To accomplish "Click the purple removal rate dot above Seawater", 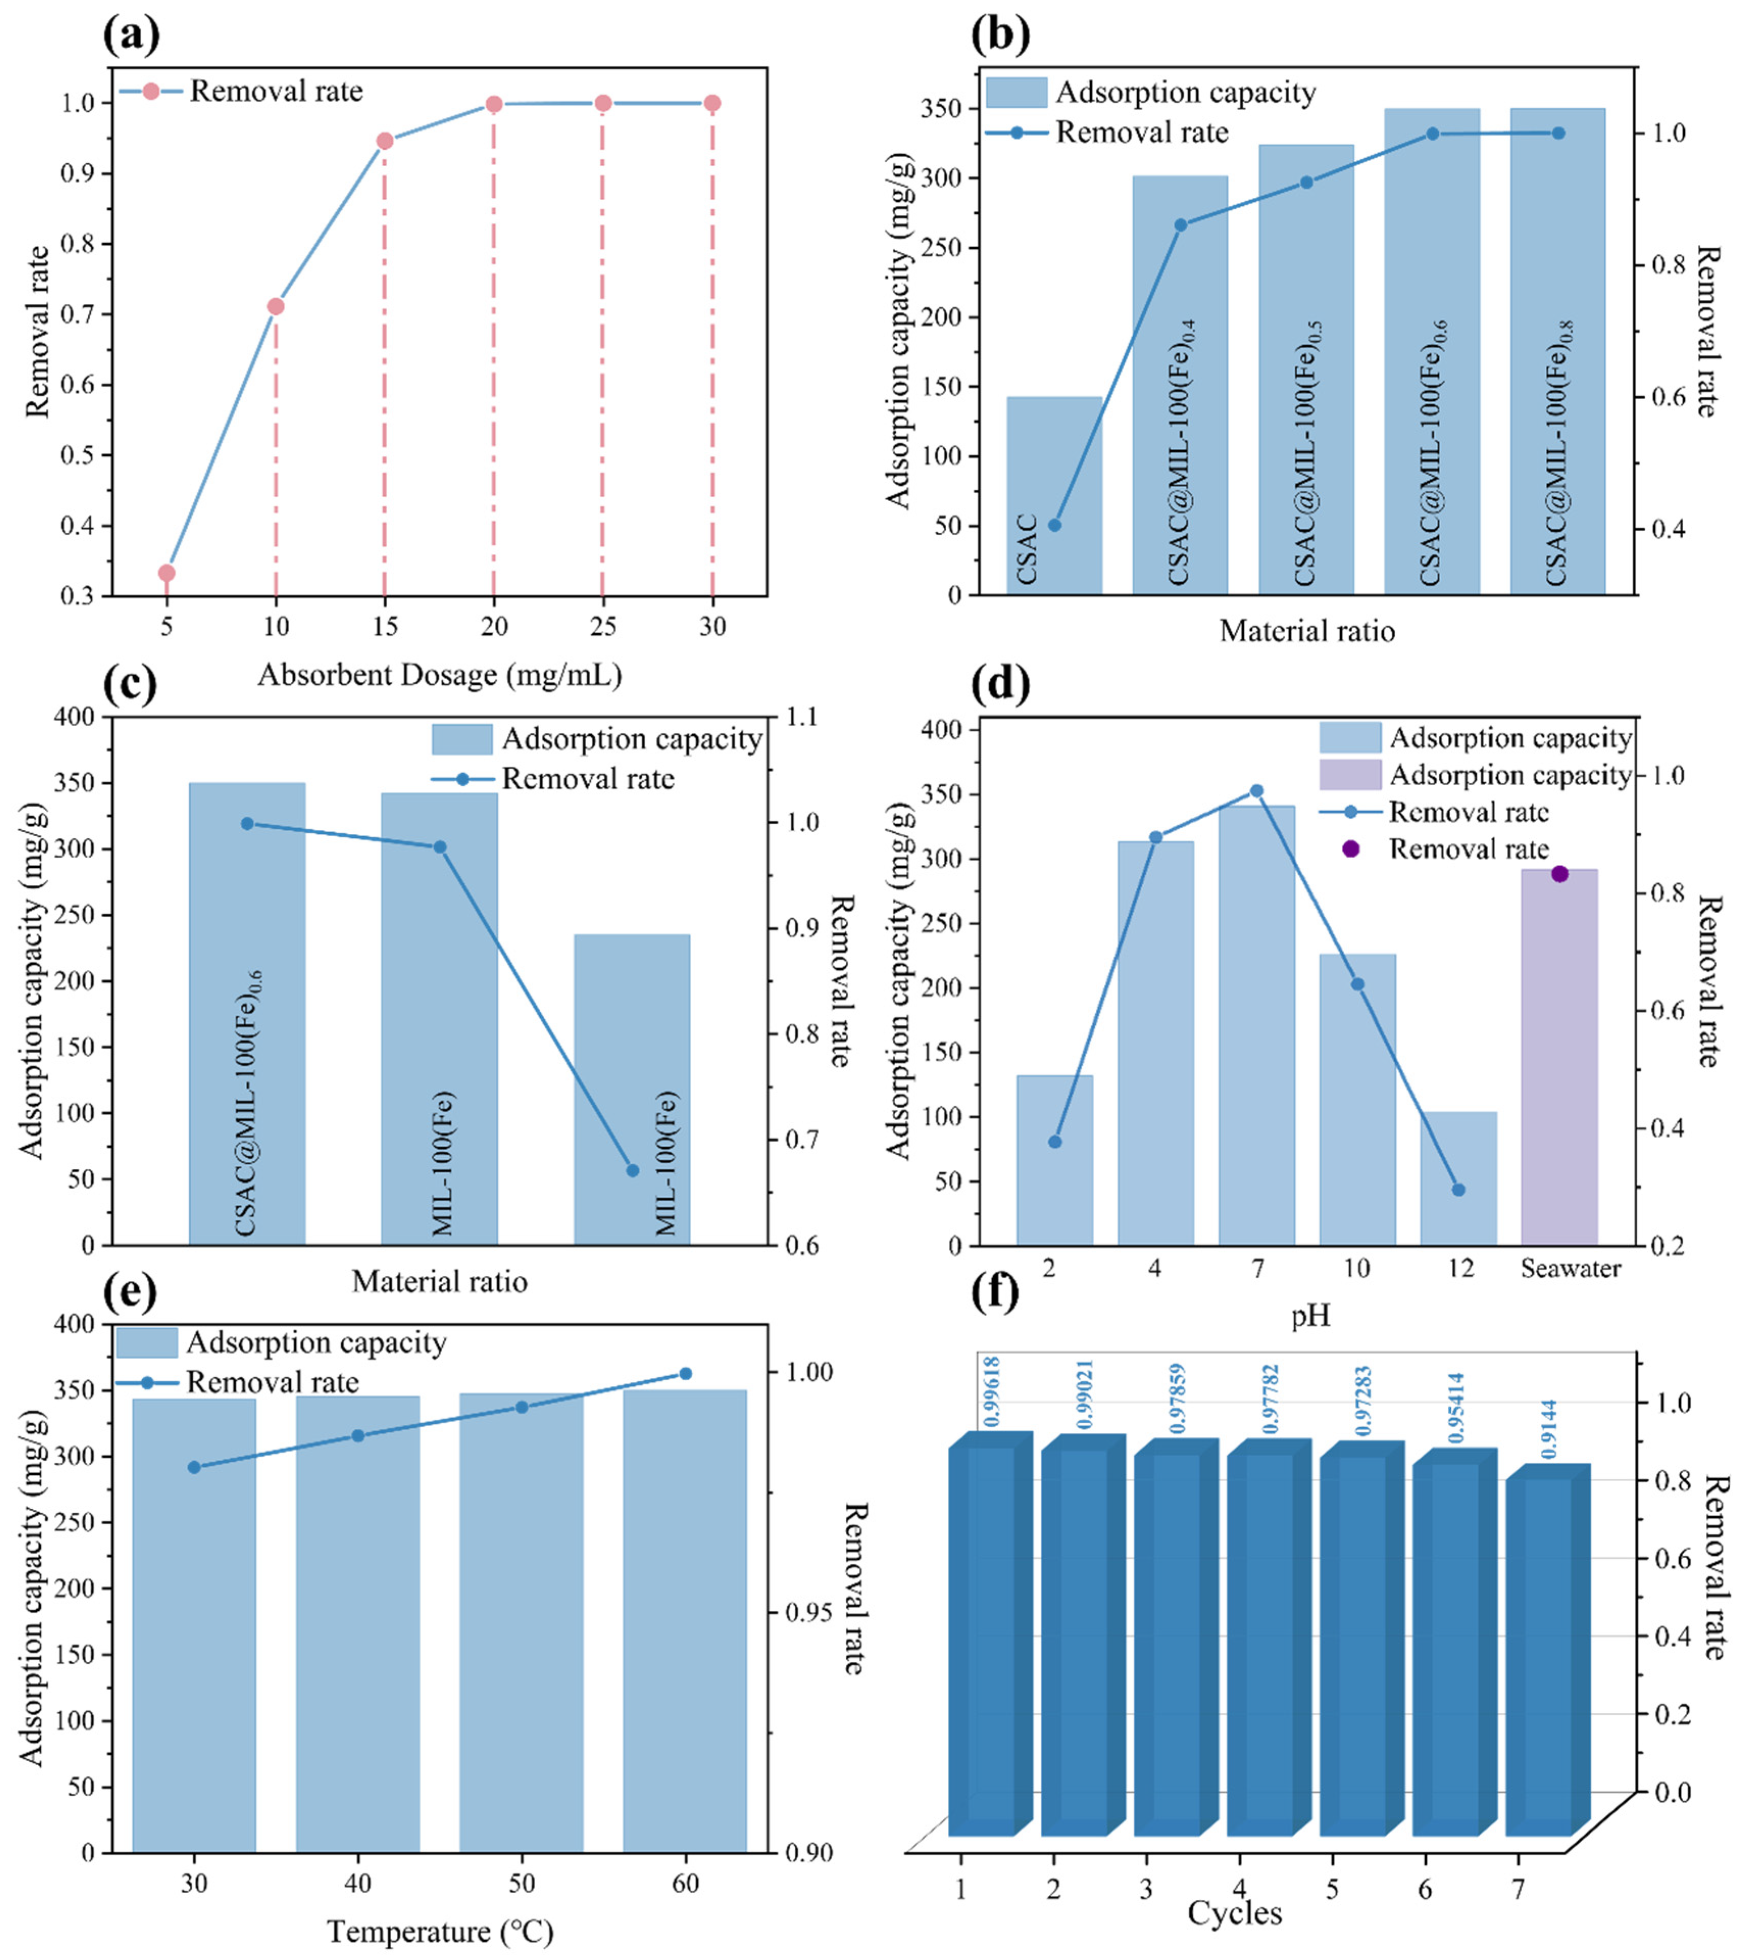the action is (x=1559, y=873).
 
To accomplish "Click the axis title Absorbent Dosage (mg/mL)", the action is (x=440, y=675).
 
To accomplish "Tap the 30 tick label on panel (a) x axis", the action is (x=712, y=627).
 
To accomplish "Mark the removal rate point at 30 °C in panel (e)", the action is (x=193, y=1466).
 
